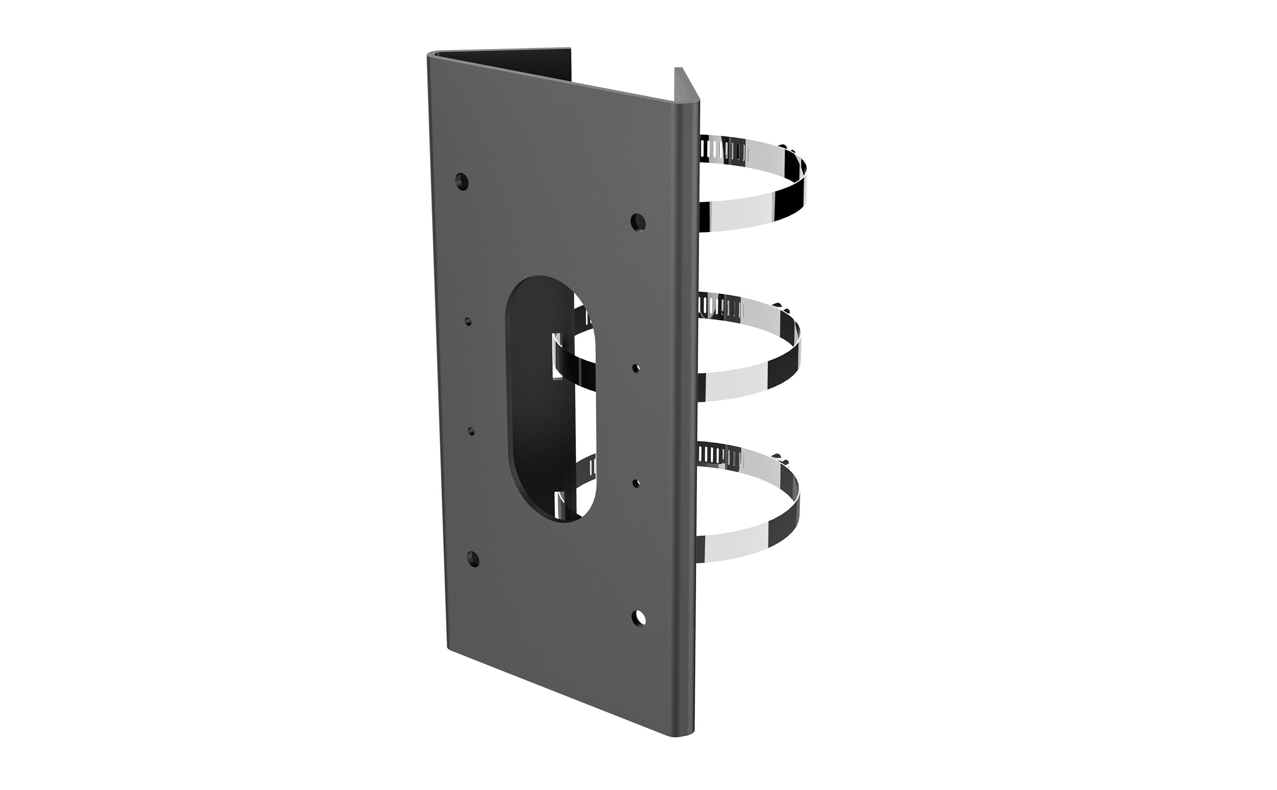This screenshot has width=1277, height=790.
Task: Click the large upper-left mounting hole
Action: pyautogui.click(x=462, y=181)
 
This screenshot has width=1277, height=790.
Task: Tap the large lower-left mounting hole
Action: pyautogui.click(x=473, y=559)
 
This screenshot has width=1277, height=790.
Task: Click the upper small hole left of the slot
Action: pyautogui.click(x=468, y=321)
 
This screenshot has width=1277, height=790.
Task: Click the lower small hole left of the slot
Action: pyautogui.click(x=472, y=432)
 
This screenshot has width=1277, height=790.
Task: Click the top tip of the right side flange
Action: pyautogui.click(x=678, y=70)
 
